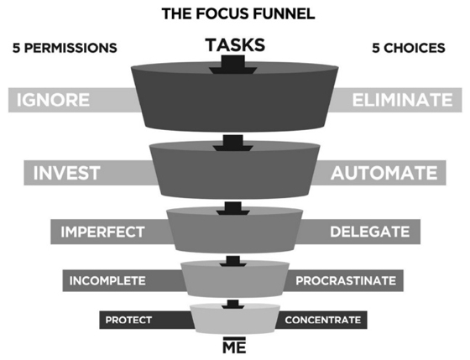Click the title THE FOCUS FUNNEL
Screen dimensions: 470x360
click(238, 13)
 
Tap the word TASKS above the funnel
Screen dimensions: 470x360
click(235, 45)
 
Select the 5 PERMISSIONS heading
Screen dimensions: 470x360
click(65, 48)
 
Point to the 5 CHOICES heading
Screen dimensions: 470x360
click(409, 48)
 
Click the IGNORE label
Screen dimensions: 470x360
click(53, 100)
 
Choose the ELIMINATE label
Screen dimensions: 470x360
click(402, 100)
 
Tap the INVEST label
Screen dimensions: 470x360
click(66, 173)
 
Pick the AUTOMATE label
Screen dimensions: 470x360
click(384, 173)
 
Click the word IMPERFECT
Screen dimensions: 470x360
click(102, 232)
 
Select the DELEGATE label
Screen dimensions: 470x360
click(370, 232)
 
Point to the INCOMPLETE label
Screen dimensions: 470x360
click(107, 281)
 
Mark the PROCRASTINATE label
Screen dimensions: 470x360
click(346, 281)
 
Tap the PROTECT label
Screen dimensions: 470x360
click(128, 320)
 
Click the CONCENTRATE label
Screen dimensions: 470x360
click(323, 320)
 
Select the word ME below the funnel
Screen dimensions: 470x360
click(234, 347)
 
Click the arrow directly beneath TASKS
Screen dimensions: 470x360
click(233, 65)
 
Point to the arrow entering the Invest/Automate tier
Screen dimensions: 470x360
click(233, 143)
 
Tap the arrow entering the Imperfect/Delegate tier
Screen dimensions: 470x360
click(233, 208)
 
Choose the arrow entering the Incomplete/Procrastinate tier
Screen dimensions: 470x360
click(233, 261)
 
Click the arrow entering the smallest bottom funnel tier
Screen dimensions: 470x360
click(233, 304)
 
